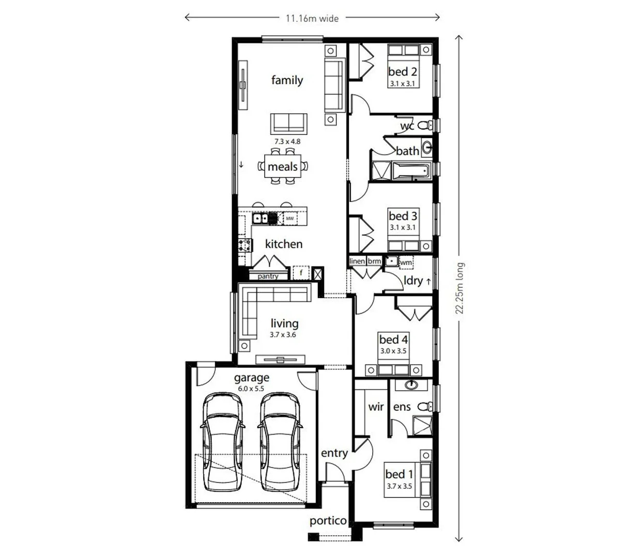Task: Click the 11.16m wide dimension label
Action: (x=312, y=18)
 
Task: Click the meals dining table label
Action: (x=282, y=167)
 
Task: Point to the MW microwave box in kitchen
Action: (x=289, y=219)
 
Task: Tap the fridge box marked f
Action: (x=301, y=272)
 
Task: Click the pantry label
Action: (x=268, y=276)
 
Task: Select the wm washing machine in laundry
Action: (x=406, y=262)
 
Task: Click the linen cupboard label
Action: (x=357, y=261)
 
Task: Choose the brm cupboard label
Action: (x=374, y=261)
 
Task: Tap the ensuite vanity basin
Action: (x=412, y=384)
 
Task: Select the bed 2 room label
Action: (x=403, y=72)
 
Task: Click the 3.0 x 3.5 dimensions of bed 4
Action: (x=393, y=351)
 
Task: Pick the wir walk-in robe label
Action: (x=376, y=407)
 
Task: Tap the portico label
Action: (x=328, y=521)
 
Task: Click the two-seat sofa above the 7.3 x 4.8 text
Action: (x=288, y=123)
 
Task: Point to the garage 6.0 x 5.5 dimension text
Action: (x=251, y=389)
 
